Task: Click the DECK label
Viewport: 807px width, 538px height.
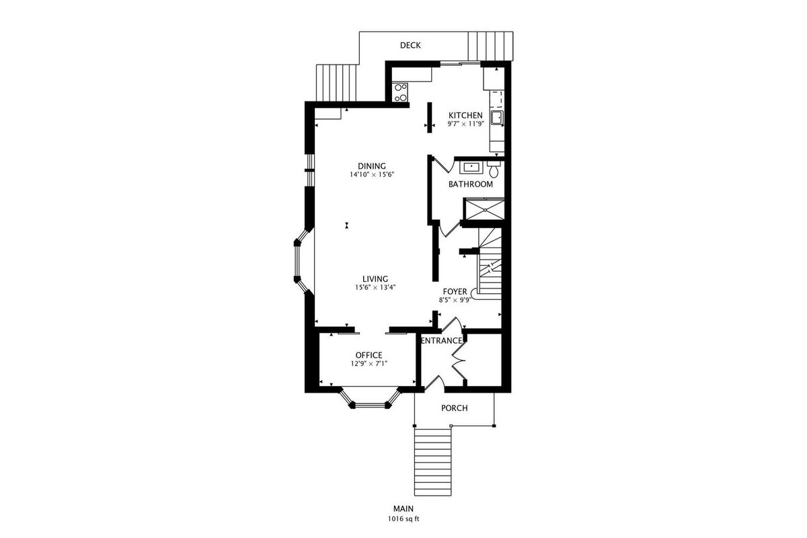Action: pos(410,46)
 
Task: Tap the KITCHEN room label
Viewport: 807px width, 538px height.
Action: pos(465,115)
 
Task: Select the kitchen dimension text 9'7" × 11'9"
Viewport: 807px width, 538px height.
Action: pos(465,124)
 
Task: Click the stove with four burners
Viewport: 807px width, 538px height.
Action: pos(401,93)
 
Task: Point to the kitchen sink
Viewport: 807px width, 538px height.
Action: pos(497,118)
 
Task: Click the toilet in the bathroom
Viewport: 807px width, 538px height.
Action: pos(494,169)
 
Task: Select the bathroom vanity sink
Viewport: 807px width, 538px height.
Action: pos(471,167)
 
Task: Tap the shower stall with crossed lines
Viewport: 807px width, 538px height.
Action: pos(485,209)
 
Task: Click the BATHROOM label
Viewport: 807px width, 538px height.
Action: pos(471,184)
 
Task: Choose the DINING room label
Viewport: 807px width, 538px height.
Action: pos(372,166)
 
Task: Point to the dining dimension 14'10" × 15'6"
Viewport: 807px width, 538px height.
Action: pos(372,175)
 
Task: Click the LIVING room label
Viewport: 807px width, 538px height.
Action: pos(375,279)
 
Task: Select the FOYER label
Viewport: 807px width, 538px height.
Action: pos(455,291)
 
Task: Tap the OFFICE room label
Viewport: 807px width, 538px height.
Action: pos(369,355)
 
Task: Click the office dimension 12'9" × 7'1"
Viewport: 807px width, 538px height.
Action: pos(369,364)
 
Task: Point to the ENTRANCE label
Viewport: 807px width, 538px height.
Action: pos(441,341)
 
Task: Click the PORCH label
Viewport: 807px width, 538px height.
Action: pos(455,408)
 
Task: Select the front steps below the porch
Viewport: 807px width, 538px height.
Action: pos(432,462)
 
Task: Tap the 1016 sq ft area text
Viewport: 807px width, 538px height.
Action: pos(403,519)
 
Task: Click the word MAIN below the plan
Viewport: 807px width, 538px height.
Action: pos(403,509)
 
